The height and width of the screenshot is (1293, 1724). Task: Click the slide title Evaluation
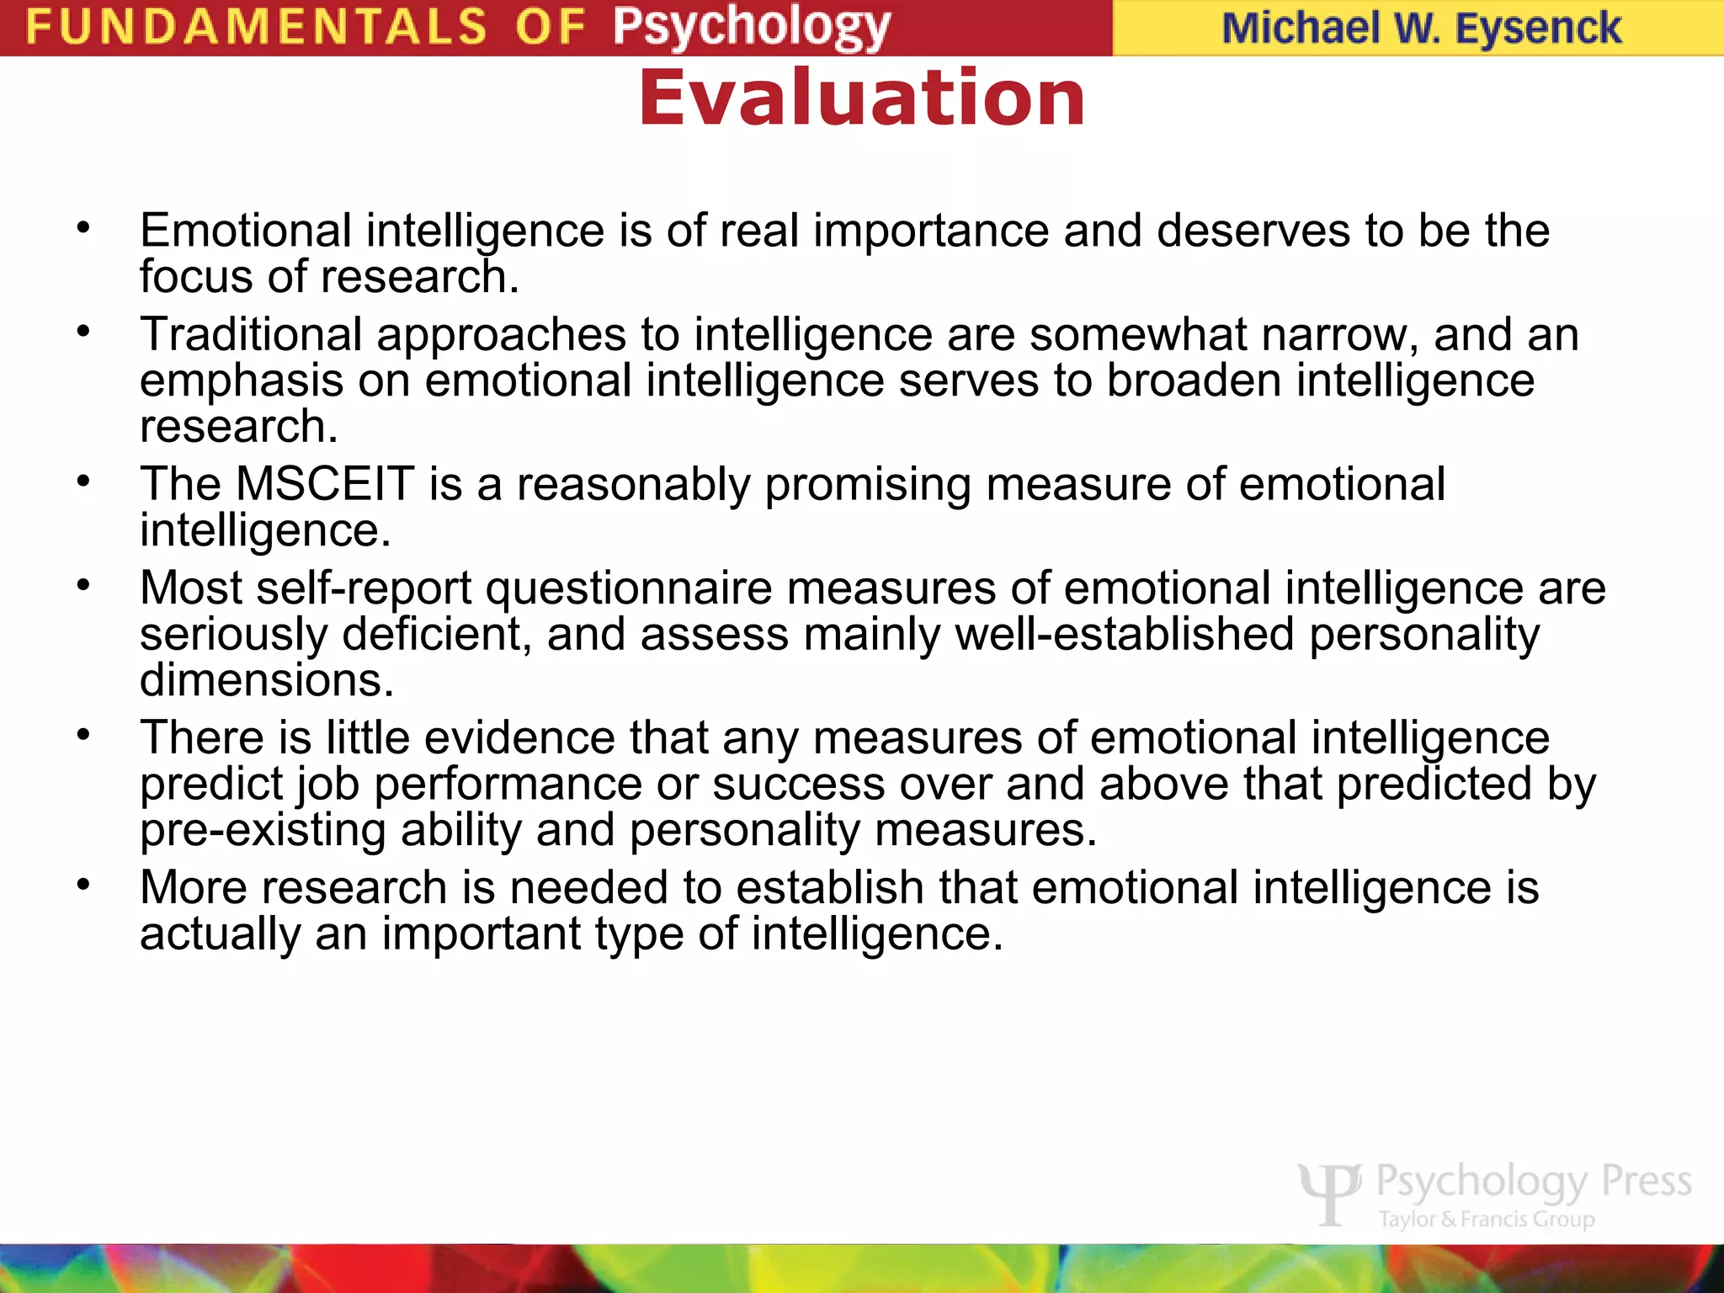pos(862,98)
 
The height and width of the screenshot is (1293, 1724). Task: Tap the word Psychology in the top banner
pos(751,28)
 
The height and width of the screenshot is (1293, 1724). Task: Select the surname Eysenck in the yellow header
pos(1538,29)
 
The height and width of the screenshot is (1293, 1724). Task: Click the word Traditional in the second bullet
pos(251,334)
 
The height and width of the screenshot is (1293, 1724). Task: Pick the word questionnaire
pos(629,588)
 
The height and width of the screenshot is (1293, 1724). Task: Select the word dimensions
pos(266,680)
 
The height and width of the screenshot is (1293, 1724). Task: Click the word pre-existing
pos(263,830)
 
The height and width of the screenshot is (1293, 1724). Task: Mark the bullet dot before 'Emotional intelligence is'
pos(82,227)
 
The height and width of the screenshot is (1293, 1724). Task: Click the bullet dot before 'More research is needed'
pos(82,885)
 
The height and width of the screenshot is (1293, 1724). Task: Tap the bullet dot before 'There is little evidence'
pos(82,735)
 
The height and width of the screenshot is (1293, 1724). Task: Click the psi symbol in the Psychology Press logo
pos(1330,1192)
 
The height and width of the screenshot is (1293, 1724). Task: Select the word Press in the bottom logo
pos(1646,1181)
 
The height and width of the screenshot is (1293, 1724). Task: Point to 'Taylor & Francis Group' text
pos(1487,1220)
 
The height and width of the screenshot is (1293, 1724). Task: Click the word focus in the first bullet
pos(195,277)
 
